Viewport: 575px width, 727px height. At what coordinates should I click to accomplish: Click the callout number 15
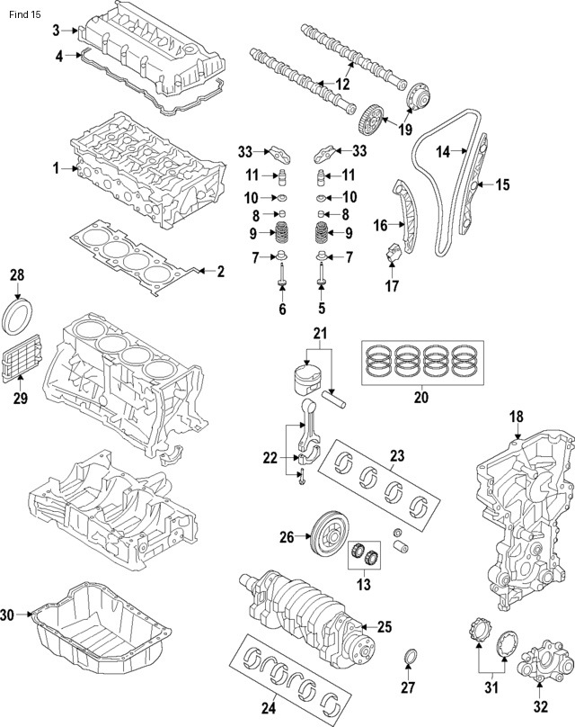502,185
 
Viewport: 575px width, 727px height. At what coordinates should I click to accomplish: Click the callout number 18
516,417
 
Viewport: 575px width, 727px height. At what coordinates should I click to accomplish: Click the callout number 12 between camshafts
342,84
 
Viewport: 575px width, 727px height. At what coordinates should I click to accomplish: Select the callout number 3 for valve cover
56,31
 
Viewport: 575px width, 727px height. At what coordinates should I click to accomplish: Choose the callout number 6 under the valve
282,310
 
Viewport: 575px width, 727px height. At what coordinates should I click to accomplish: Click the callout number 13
363,587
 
